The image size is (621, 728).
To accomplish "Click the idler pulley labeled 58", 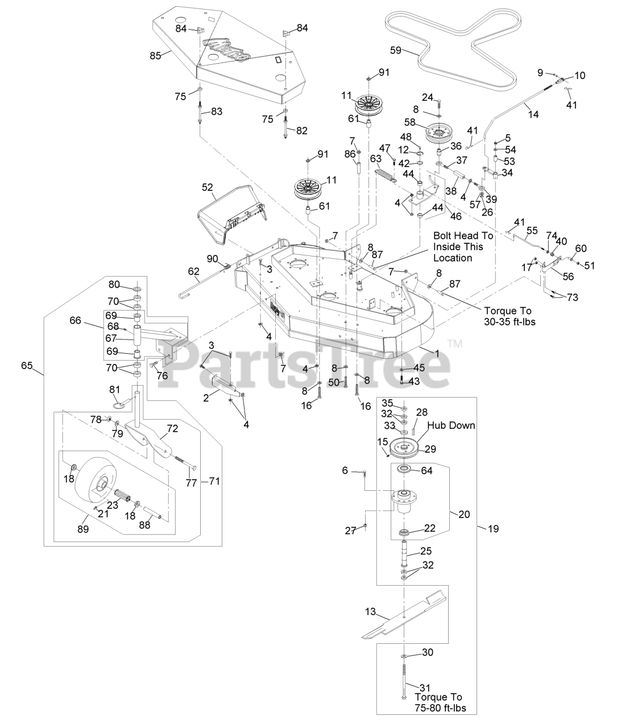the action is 440,134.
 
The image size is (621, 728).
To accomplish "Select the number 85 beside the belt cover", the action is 156,56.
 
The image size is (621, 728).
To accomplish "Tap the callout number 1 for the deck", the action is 437,354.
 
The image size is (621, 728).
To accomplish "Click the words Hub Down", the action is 451,425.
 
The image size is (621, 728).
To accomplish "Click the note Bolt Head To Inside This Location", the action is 463,246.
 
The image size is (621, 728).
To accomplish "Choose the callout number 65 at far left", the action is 27,366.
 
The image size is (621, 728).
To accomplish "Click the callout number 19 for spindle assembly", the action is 494,529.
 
